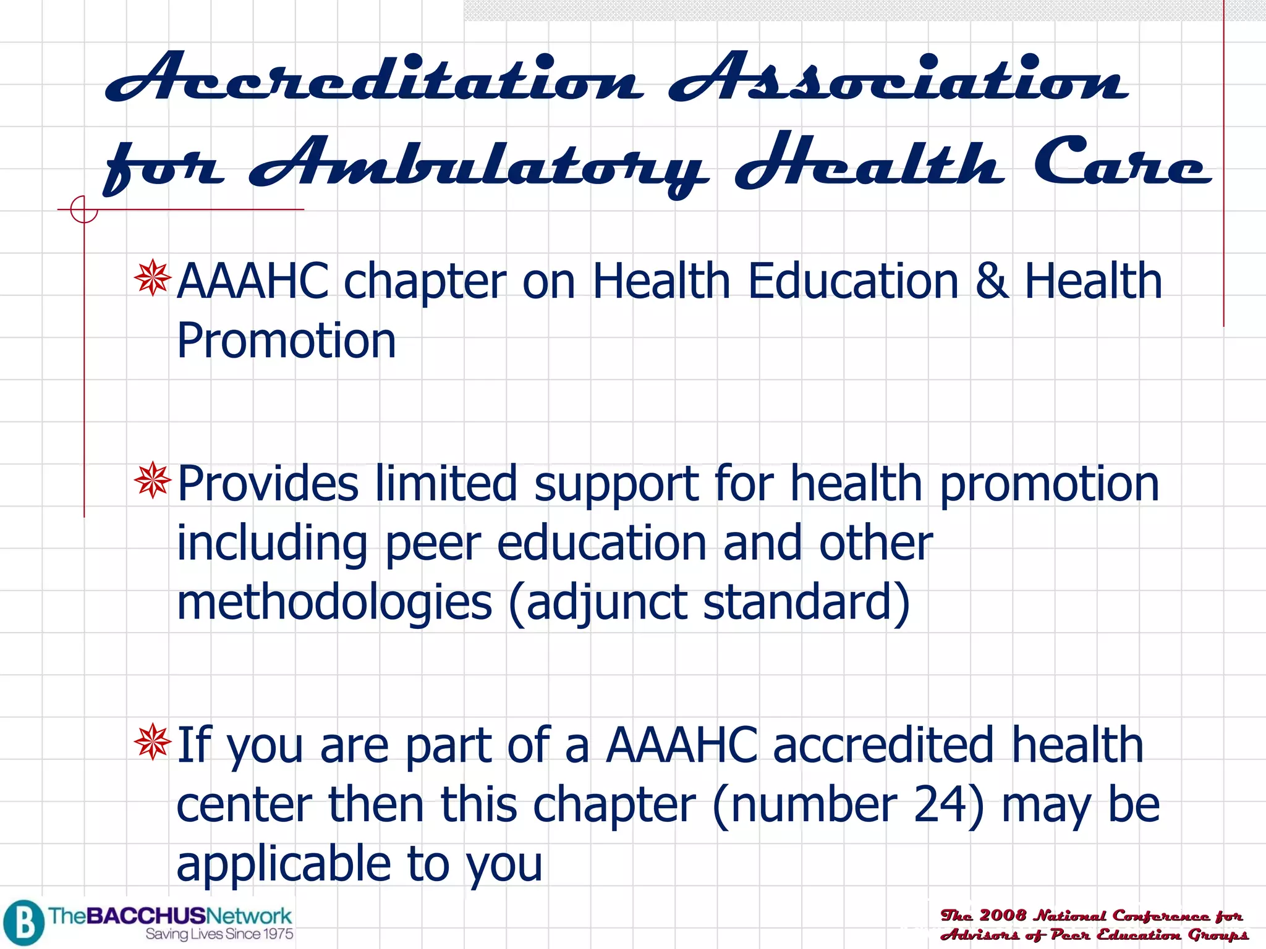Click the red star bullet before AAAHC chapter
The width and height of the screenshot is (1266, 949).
[x=152, y=279]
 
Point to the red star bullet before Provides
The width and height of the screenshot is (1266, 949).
[x=152, y=480]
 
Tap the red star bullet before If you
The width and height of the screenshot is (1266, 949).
[x=152, y=742]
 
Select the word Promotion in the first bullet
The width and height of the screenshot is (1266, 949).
[x=286, y=340]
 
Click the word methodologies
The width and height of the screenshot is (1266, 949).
[x=334, y=602]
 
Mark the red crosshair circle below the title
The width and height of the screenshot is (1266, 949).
[x=83, y=209]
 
